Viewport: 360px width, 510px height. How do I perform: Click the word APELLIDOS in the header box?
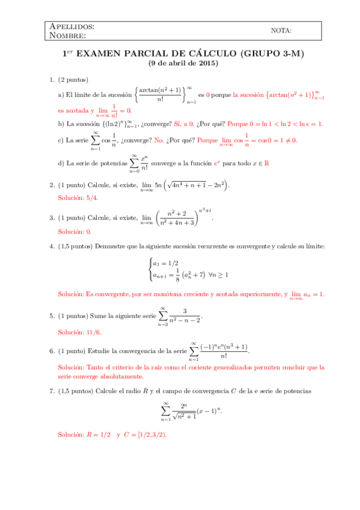coord(71,26)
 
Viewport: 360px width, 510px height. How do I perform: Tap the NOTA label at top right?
coord(281,31)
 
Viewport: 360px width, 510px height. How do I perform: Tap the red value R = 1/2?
coord(99,434)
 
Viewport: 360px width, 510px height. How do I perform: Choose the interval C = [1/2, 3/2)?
coord(144,434)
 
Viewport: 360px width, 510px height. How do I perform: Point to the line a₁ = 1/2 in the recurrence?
coord(165,263)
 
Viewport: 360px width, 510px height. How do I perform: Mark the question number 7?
coord(52,391)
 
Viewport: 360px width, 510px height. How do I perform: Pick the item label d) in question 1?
coord(61,162)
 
